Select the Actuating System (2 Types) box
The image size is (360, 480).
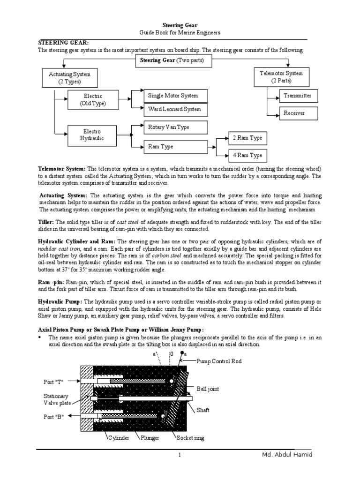pos(69,78)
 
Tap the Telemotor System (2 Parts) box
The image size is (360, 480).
pos(281,76)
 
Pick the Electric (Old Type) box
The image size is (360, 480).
pos(92,99)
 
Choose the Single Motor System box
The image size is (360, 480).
pos(172,95)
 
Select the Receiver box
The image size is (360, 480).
pos(294,113)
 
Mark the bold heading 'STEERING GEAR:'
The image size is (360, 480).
pos(63,43)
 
